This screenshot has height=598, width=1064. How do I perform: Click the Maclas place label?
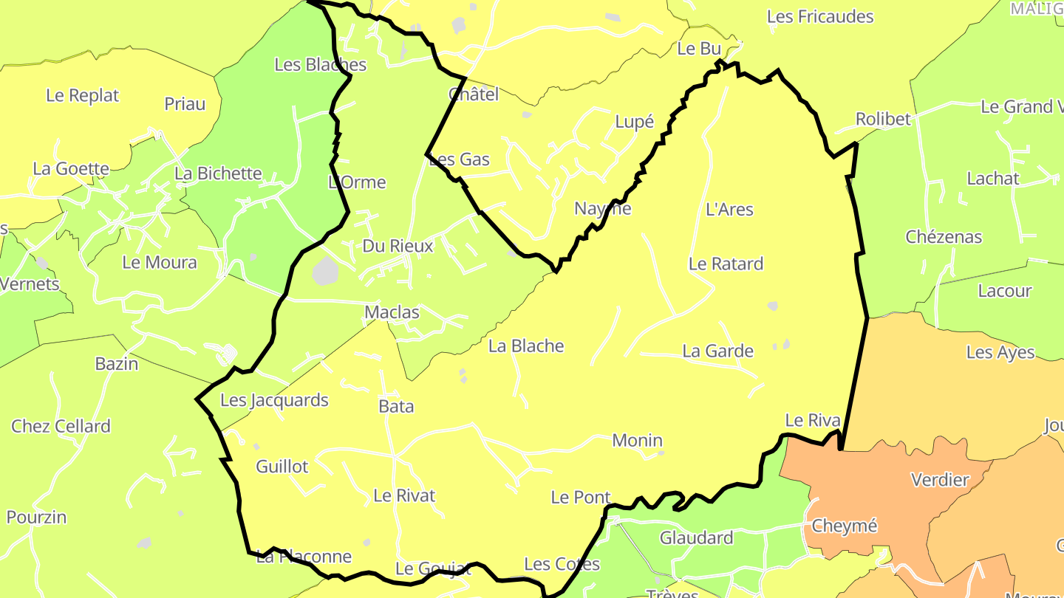pos(392,313)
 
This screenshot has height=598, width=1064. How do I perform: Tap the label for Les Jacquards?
pos(274,400)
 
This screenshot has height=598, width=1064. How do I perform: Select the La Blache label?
pos(526,346)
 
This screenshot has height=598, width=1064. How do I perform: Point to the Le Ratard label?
pos(726,264)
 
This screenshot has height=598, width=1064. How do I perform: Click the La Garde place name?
pos(717,351)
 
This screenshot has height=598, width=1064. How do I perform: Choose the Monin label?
pos(637,441)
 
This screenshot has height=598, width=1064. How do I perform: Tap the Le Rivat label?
pos(404,495)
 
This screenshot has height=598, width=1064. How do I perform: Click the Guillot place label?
pos(282,467)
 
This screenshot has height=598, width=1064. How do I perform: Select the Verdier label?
pos(940,480)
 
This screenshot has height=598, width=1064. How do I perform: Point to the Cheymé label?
pos(844,526)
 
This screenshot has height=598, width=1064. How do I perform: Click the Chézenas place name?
pos(944,237)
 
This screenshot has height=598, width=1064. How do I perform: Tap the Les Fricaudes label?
pos(820,16)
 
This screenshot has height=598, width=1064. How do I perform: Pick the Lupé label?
pos(634,122)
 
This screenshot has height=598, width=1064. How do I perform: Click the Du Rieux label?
pos(398,246)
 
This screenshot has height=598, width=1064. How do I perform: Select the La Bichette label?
pos(218,173)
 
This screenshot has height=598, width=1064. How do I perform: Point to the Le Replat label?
pos(82,95)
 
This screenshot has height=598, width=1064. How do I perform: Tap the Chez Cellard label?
pos(61,426)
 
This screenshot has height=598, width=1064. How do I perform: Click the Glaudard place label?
pos(696,537)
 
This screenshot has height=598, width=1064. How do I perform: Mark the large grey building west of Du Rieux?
pos(324,271)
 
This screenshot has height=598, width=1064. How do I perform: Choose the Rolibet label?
pos(883,119)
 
